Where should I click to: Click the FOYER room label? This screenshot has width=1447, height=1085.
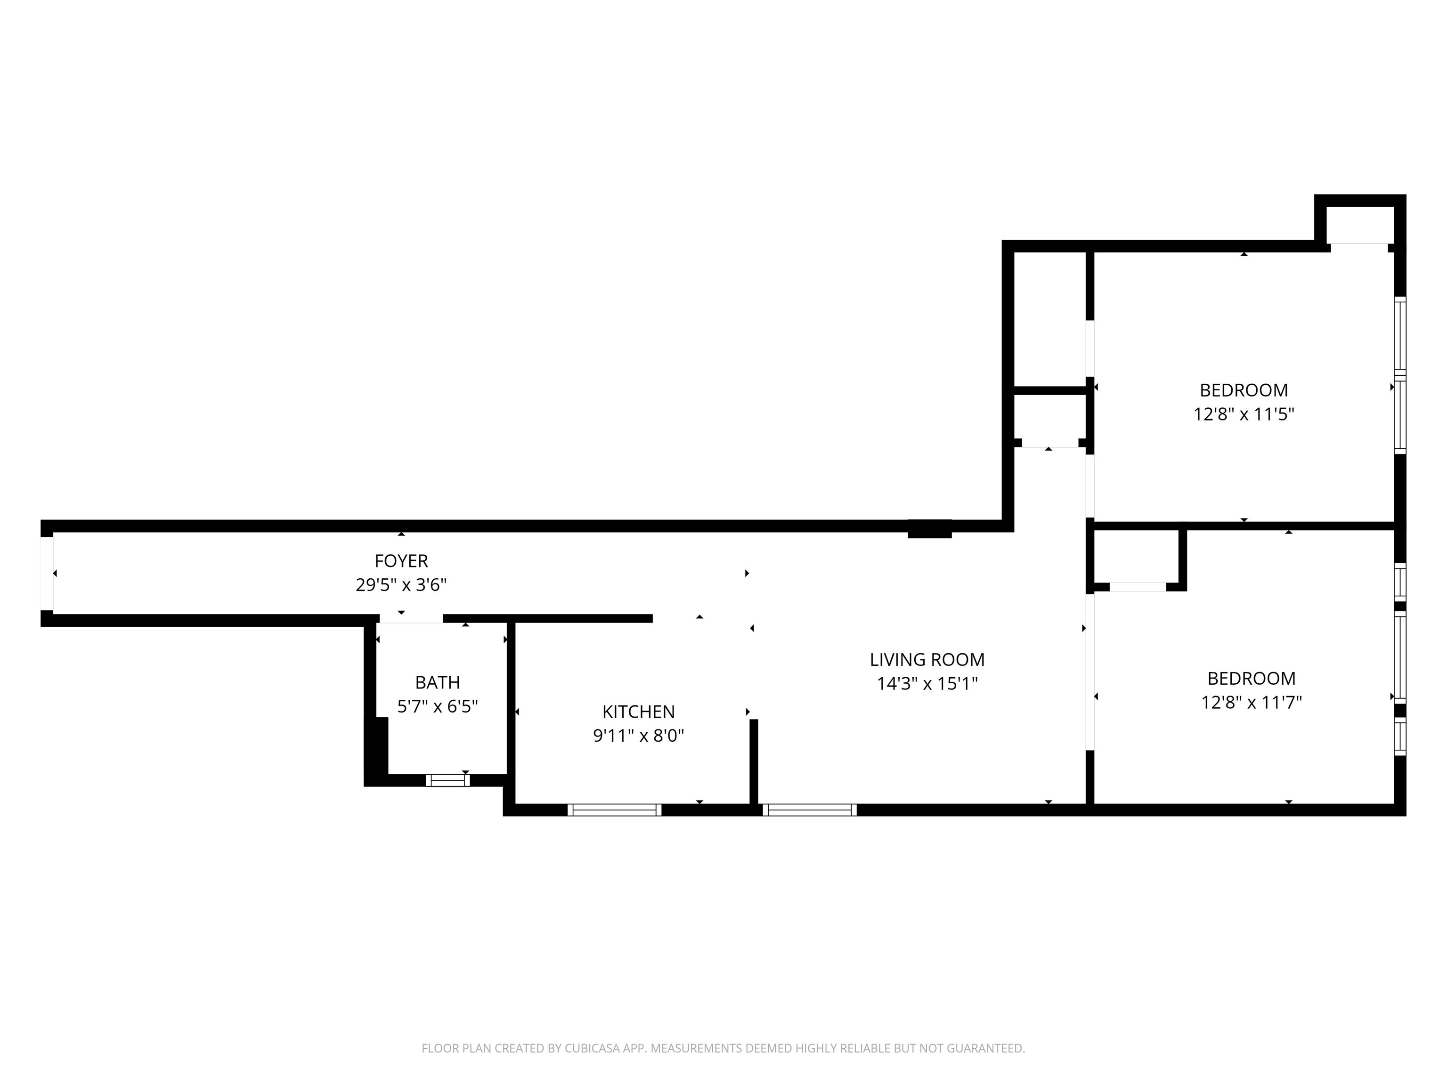[x=401, y=561]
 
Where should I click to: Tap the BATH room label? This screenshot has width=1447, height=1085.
[x=438, y=683]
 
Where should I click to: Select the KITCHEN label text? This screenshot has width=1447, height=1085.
[x=638, y=712]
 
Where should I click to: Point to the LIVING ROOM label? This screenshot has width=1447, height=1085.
[x=927, y=659]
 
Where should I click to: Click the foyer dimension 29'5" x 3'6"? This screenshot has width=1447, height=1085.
[x=401, y=585]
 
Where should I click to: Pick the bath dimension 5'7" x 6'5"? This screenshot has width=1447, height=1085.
[x=438, y=706]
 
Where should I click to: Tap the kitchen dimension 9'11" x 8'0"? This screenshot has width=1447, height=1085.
[x=638, y=736]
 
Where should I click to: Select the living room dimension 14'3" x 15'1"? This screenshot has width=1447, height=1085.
[x=927, y=683]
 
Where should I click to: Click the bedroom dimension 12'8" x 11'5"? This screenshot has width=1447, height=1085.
[x=1244, y=414]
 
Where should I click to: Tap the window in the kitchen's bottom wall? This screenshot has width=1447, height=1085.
[x=614, y=810]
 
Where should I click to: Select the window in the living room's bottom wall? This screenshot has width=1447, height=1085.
[x=810, y=810]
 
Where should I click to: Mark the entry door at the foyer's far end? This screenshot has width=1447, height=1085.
[x=47, y=574]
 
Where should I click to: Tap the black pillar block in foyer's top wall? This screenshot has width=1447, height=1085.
[x=929, y=529]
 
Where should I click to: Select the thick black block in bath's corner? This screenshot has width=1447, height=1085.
[x=377, y=745]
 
